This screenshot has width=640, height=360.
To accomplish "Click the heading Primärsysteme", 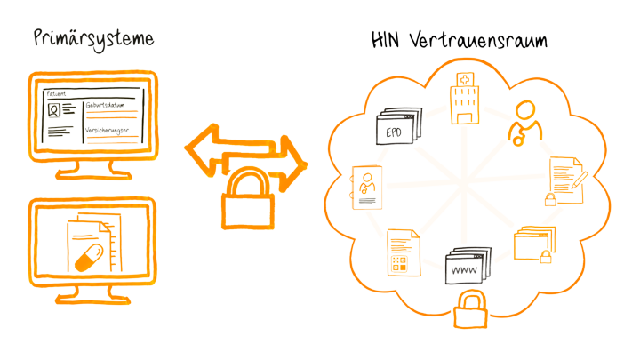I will (93, 39).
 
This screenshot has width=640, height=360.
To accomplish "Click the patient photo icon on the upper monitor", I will (55, 112).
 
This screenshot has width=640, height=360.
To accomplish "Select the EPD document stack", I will (396, 129).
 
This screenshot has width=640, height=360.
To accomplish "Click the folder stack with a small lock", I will (534, 242).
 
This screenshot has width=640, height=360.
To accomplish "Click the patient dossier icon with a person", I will (366, 186).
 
